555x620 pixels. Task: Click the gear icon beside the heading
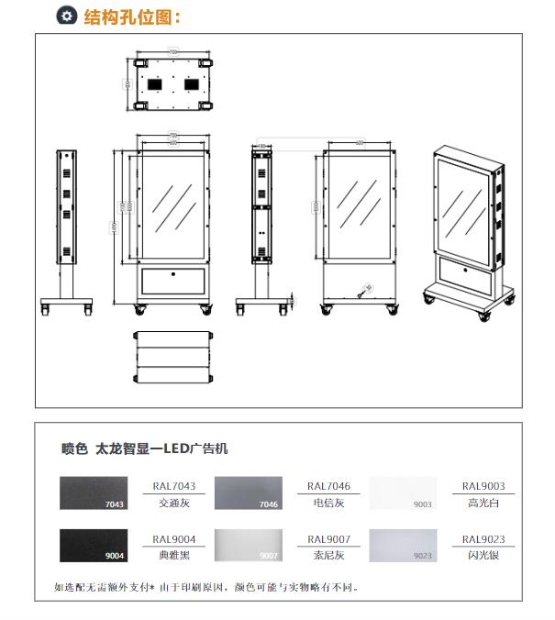tap(66, 16)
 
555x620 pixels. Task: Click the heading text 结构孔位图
tap(132, 17)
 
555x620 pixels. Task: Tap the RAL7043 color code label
tap(174, 486)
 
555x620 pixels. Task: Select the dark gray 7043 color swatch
tap(93, 493)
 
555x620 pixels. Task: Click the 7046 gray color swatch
tap(248, 493)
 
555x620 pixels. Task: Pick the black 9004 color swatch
tap(93, 545)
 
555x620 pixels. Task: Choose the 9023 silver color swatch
tap(402, 545)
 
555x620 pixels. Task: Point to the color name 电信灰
tap(328, 503)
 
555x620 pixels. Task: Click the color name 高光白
tap(483, 503)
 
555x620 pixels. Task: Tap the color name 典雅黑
tap(174, 556)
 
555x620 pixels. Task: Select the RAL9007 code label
tap(328, 539)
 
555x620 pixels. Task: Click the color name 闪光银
tap(483, 556)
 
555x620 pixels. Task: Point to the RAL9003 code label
tap(483, 486)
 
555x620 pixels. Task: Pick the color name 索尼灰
tap(328, 556)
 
